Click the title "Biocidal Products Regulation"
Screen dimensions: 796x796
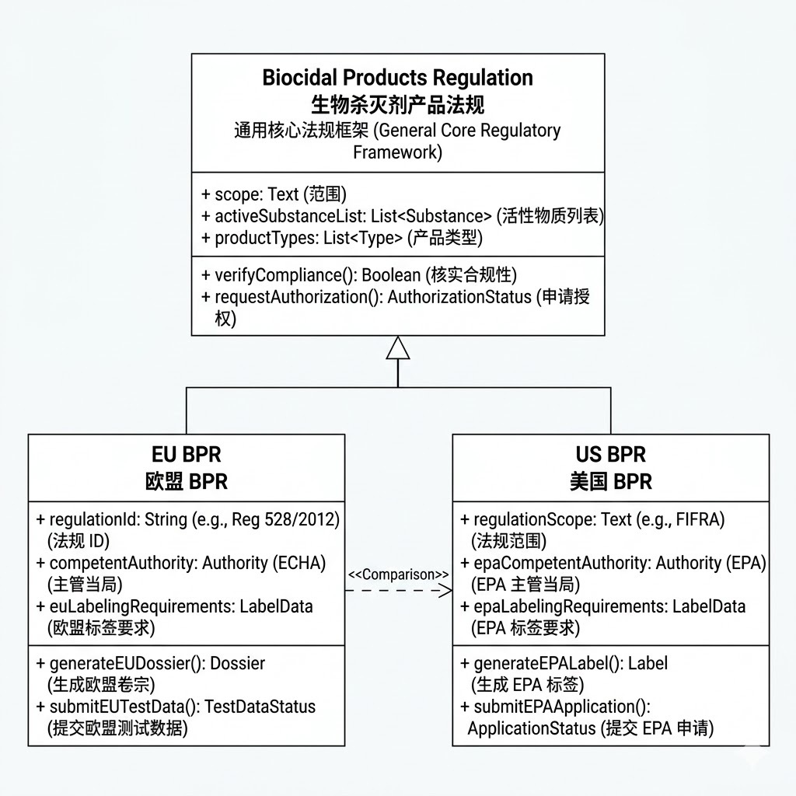tap(397, 78)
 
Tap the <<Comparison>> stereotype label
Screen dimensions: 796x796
tap(398, 574)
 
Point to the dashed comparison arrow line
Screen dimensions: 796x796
tap(398, 591)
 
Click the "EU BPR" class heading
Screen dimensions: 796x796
tap(187, 454)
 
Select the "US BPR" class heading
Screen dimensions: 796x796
tap(610, 454)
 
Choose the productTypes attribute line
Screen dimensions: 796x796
tap(342, 238)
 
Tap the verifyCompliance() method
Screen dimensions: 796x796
tap(358, 275)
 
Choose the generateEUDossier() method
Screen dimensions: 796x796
tap(152, 663)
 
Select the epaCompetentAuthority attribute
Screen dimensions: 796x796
tap(614, 563)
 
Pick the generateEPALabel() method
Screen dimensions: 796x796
tap(564, 663)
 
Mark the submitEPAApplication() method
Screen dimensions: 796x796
tap(556, 707)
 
